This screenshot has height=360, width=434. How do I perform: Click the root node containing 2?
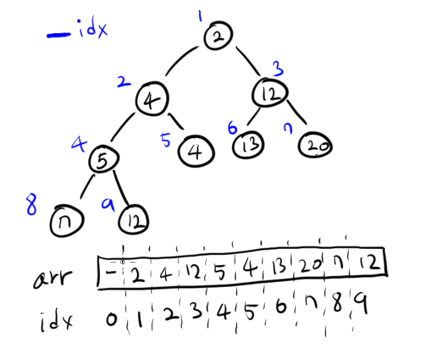pyautogui.click(x=218, y=37)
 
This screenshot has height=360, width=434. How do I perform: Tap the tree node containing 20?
pyautogui.click(x=315, y=146)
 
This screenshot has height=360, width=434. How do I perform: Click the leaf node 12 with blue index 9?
pyautogui.click(x=132, y=220)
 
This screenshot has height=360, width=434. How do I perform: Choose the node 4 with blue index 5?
pyautogui.click(x=196, y=149)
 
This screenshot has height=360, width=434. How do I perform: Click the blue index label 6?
pyautogui.click(x=232, y=128)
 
